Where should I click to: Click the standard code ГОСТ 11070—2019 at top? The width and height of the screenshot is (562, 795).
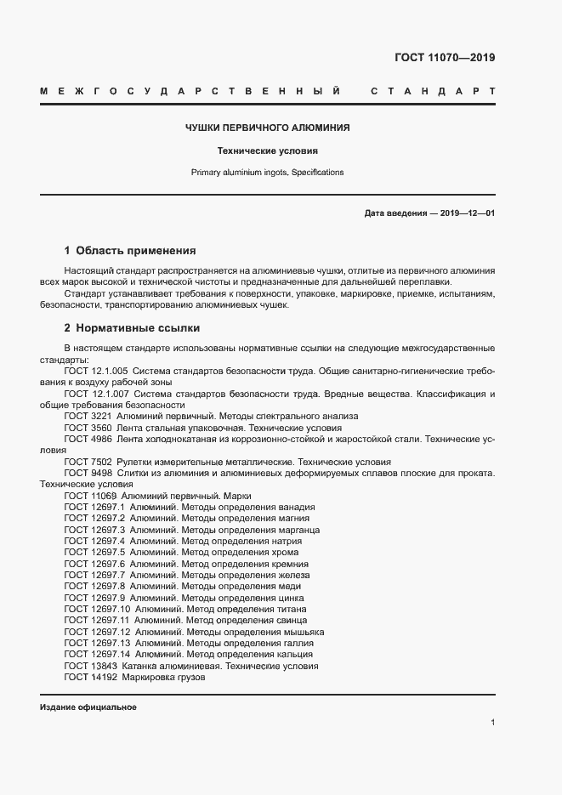pyautogui.click(x=445, y=58)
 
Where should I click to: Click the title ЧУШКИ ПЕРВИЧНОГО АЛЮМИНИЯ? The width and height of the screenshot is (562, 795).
pyautogui.click(x=268, y=128)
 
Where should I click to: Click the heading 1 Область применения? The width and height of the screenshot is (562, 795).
pyautogui.click(x=130, y=251)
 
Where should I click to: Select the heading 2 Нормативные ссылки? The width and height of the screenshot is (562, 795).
pyautogui.click(x=132, y=327)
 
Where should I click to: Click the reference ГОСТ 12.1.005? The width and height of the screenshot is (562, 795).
pyautogui.click(x=95, y=372)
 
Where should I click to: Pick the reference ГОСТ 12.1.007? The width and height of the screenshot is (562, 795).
pyautogui.click(x=95, y=395)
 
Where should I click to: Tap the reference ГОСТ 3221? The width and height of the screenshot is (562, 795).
pyautogui.click(x=88, y=417)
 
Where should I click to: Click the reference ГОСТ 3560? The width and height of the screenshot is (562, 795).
pyautogui.click(x=88, y=428)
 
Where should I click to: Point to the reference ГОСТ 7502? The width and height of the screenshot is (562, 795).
pyautogui.click(x=88, y=461)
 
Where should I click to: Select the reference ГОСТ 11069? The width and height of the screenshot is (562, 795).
pyautogui.click(x=90, y=495)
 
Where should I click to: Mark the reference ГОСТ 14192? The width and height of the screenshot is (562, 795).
pyautogui.click(x=90, y=678)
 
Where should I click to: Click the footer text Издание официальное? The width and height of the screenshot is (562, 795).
pyautogui.click(x=88, y=707)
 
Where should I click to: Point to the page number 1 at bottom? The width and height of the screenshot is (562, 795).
pyautogui.click(x=492, y=723)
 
